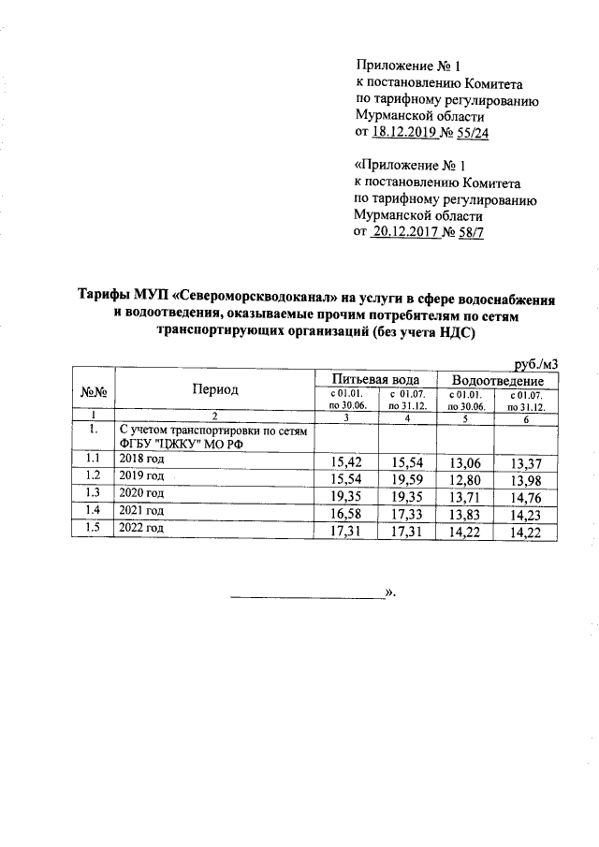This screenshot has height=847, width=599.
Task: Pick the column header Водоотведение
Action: point(496,381)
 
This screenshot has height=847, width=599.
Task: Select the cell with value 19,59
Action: point(409,479)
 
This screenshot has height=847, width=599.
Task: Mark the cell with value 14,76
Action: point(525,497)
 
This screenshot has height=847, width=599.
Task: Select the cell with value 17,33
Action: point(409,515)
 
